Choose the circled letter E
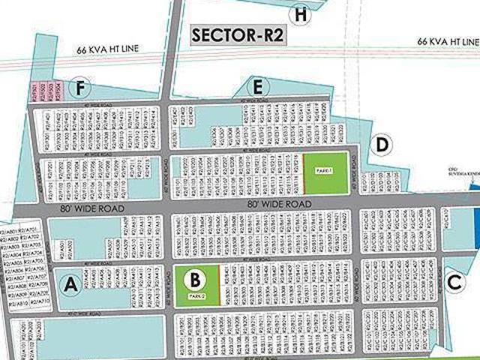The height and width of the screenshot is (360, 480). tap(259, 88)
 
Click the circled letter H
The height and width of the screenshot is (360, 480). tap(301, 14)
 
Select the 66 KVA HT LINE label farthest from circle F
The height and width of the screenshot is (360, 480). tap(448, 40)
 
